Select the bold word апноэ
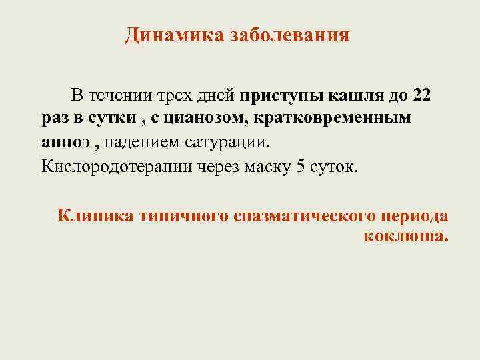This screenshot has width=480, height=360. tap(59, 142)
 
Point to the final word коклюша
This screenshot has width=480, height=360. tap(406, 237)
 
